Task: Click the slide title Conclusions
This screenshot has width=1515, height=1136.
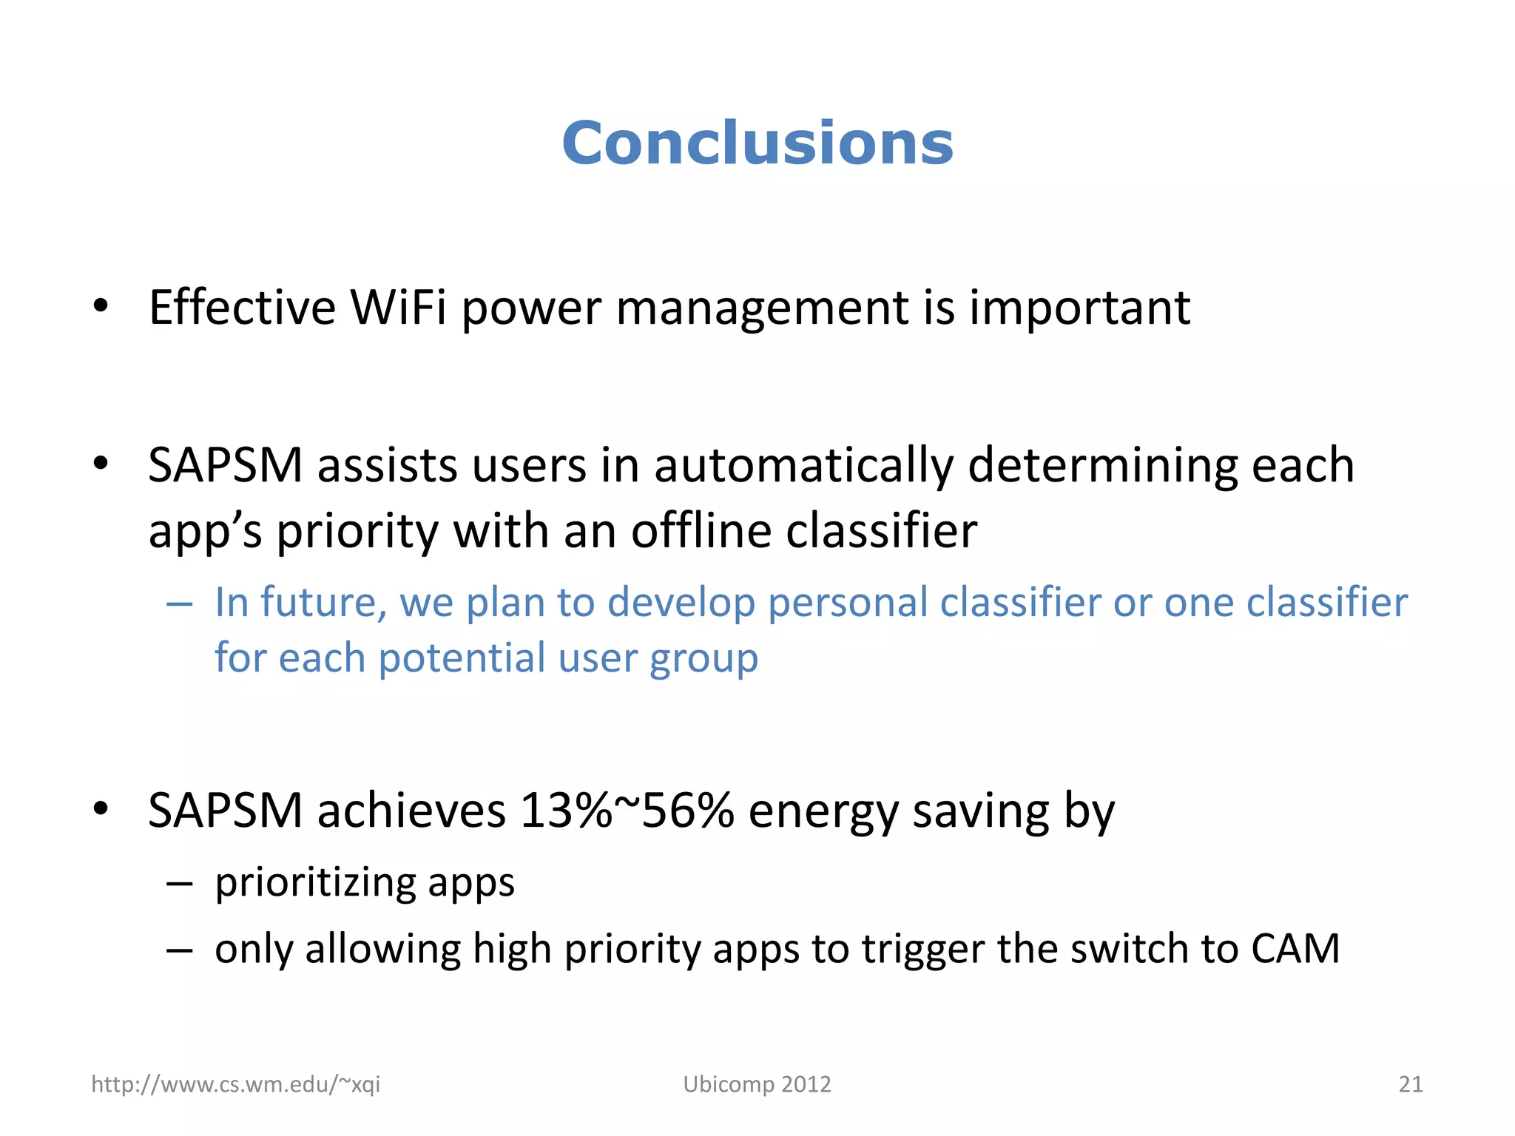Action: click(757, 143)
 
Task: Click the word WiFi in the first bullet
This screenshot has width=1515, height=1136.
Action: click(398, 307)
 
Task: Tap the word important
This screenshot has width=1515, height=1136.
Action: click(1079, 308)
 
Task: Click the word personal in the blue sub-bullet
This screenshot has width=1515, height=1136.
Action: click(847, 602)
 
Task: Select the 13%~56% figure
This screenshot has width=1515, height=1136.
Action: click(627, 811)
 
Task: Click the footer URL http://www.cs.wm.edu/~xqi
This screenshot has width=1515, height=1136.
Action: click(235, 1084)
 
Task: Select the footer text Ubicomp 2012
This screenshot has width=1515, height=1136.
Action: click(757, 1084)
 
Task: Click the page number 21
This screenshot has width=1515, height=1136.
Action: click(1410, 1084)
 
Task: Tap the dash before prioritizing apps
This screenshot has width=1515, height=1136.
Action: click(180, 883)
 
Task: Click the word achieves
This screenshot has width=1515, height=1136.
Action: click(411, 811)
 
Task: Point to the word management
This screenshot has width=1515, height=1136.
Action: click(761, 308)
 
